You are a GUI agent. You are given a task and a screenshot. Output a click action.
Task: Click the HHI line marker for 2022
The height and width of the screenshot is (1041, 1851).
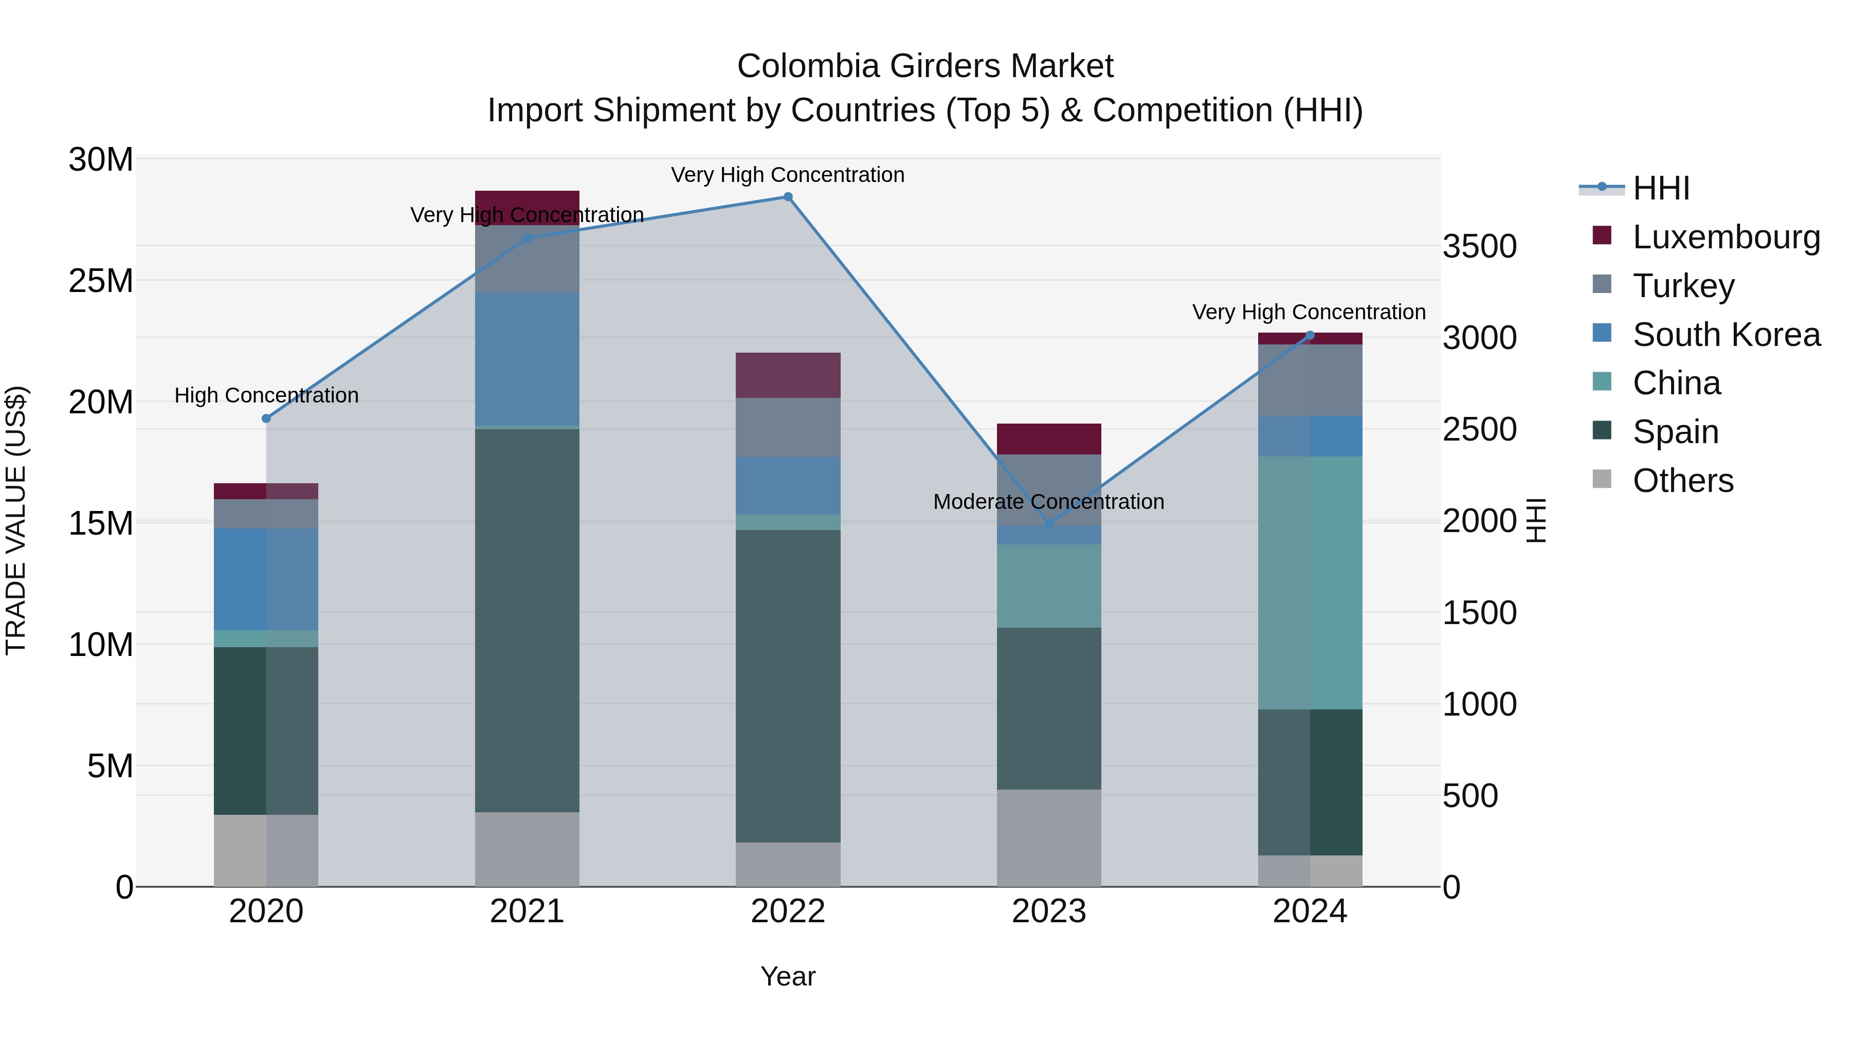[788, 197]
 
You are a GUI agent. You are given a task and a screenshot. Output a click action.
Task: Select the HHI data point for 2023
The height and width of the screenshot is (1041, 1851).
[1049, 524]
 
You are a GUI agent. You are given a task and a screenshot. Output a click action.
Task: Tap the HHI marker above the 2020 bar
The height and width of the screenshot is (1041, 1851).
[266, 418]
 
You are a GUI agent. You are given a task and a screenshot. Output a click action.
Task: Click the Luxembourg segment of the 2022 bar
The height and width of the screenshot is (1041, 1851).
[788, 375]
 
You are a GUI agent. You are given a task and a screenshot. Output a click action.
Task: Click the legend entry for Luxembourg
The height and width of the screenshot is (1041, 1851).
[1726, 237]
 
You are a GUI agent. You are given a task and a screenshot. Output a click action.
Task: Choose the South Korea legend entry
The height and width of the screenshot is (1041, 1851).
[1726, 335]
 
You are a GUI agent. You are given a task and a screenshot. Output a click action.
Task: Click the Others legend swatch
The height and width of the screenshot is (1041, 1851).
[1602, 479]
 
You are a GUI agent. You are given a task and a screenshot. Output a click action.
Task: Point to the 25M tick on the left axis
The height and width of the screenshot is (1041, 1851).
[101, 280]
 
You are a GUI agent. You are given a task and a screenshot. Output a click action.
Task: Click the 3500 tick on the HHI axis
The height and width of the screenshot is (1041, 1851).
[1479, 246]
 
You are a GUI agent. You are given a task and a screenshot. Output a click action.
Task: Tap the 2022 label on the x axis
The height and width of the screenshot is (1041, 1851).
[788, 911]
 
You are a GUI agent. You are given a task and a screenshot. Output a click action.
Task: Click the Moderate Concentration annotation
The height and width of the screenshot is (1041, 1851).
[1048, 501]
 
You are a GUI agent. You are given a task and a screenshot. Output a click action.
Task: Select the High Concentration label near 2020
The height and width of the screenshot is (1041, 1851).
[266, 395]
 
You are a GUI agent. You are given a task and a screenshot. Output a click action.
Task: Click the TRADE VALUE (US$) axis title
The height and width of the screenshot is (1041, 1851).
[16, 521]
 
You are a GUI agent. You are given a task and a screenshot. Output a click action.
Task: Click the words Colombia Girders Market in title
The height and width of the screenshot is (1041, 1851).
[925, 66]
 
